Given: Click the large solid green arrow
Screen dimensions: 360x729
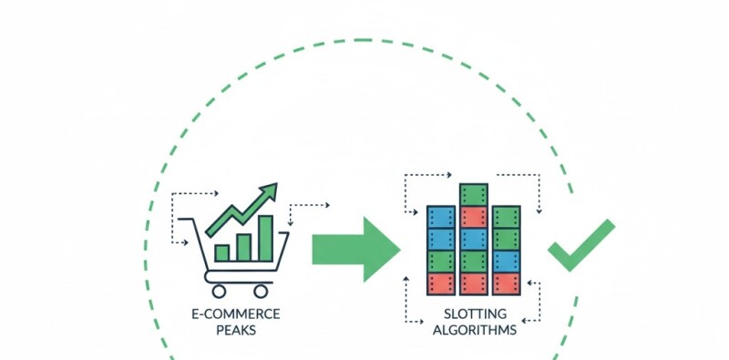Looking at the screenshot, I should pos(356,249).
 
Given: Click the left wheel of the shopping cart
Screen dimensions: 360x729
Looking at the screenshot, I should pos(219,291).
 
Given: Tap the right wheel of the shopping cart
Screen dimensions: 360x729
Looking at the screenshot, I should pos(262,291).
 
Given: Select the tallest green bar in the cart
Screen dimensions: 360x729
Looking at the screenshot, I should pos(265,238).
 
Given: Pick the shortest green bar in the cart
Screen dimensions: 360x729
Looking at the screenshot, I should pos(221,252).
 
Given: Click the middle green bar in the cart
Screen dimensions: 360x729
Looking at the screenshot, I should pos(243,246).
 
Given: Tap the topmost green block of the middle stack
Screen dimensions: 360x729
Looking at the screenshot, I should pos(473,194).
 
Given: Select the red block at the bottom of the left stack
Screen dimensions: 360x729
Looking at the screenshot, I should pos(441,283).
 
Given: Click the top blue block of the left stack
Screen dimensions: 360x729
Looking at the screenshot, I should pos(441,217).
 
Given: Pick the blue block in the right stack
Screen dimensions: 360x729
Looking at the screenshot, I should pos(506,262).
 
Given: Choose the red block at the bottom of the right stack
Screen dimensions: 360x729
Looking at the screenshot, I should pos(506,283).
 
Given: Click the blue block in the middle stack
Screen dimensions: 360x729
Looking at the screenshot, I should pos(473,239).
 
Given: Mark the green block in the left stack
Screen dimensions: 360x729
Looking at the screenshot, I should pos(441,262).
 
